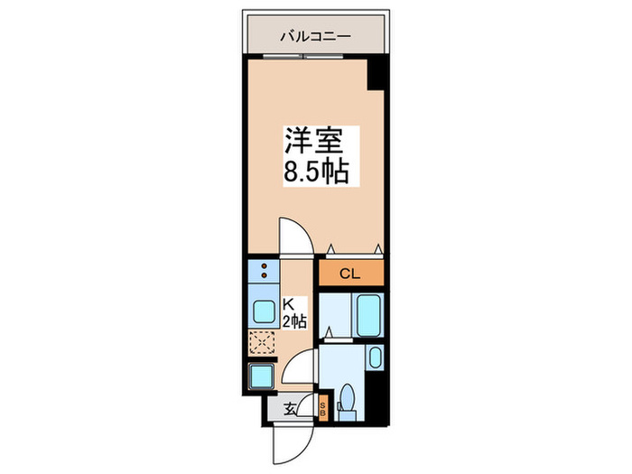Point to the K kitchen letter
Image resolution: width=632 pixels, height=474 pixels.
tap(289, 305)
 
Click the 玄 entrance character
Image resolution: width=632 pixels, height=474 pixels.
tap(291, 409)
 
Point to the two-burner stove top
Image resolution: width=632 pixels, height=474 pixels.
tap(262, 272)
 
